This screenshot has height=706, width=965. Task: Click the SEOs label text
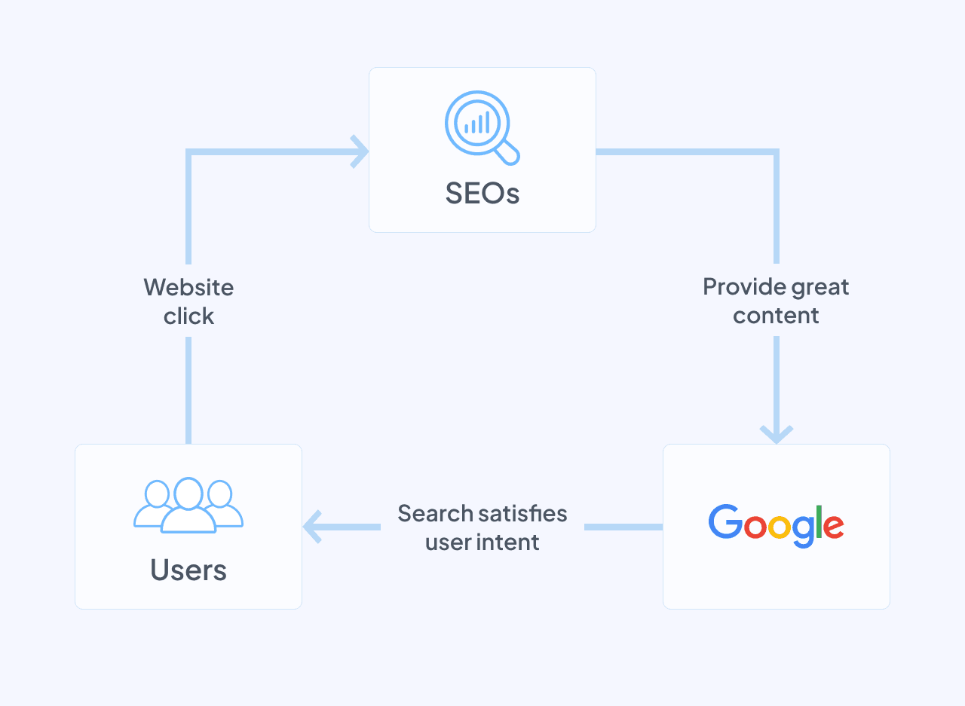click(482, 194)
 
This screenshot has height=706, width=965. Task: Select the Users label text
click(188, 570)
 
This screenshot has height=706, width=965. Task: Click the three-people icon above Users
click(188, 505)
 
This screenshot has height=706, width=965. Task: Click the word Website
click(188, 287)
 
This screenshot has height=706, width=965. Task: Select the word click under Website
click(188, 316)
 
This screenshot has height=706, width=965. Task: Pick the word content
click(776, 315)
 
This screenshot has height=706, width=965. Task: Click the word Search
click(436, 513)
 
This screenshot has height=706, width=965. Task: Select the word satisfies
click(524, 513)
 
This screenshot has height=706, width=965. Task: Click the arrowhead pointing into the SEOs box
click(360, 152)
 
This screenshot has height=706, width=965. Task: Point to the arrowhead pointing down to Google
click(776, 435)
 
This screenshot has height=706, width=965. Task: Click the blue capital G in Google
click(725, 521)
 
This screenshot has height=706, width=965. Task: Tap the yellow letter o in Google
click(780, 527)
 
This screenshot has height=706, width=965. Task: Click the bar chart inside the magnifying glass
click(476, 123)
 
